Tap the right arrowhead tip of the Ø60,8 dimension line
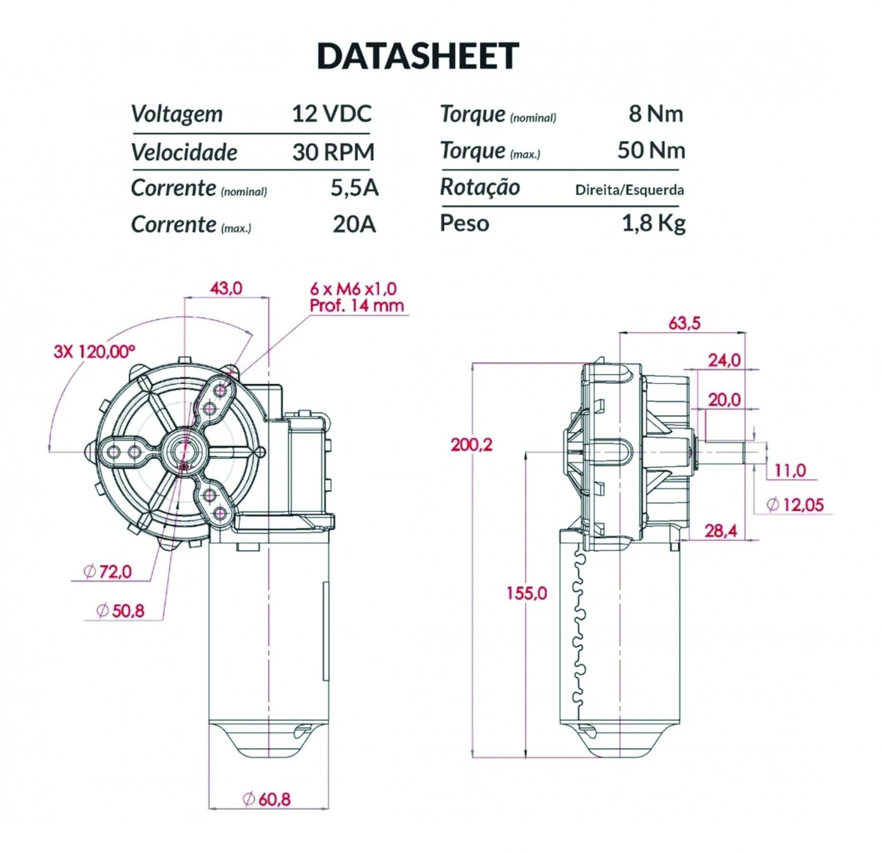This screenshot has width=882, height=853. point(329,809)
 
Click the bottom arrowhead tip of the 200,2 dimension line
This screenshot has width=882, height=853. point(472,757)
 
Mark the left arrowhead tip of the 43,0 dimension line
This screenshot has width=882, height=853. point(184,297)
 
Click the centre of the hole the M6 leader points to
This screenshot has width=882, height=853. point(222,390)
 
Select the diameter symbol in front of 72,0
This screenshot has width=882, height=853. point(90,571)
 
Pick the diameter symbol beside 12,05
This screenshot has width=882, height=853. point(773,504)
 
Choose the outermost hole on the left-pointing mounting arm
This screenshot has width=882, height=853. point(114,453)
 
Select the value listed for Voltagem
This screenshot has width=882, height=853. point(332,114)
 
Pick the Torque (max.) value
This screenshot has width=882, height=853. point(651,151)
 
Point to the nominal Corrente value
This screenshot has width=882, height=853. point(354,188)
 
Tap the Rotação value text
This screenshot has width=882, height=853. point(630,190)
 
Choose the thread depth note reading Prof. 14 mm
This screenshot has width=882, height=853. point(357,305)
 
